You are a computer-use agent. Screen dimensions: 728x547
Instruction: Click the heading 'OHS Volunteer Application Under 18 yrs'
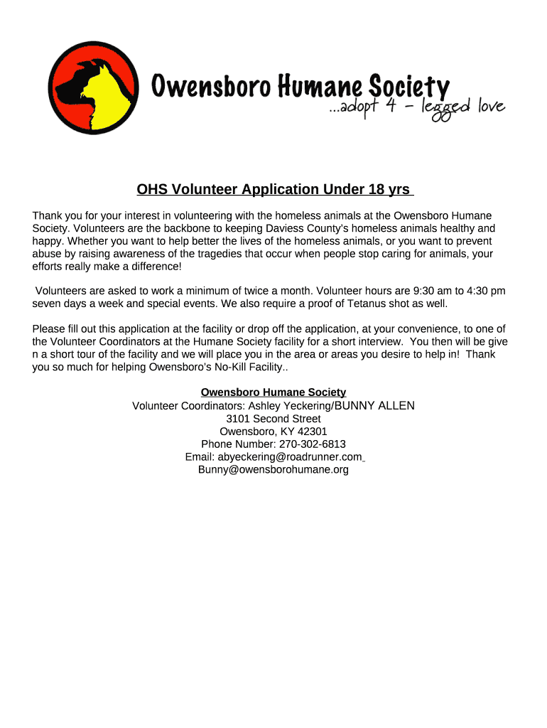tap(273, 190)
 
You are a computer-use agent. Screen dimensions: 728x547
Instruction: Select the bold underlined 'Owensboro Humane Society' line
tap(273, 392)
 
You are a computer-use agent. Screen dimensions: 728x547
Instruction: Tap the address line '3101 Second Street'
tap(273, 419)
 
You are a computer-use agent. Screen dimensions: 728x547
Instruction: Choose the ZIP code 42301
tap(313, 432)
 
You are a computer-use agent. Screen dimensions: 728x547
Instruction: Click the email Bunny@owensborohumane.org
tap(273, 470)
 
